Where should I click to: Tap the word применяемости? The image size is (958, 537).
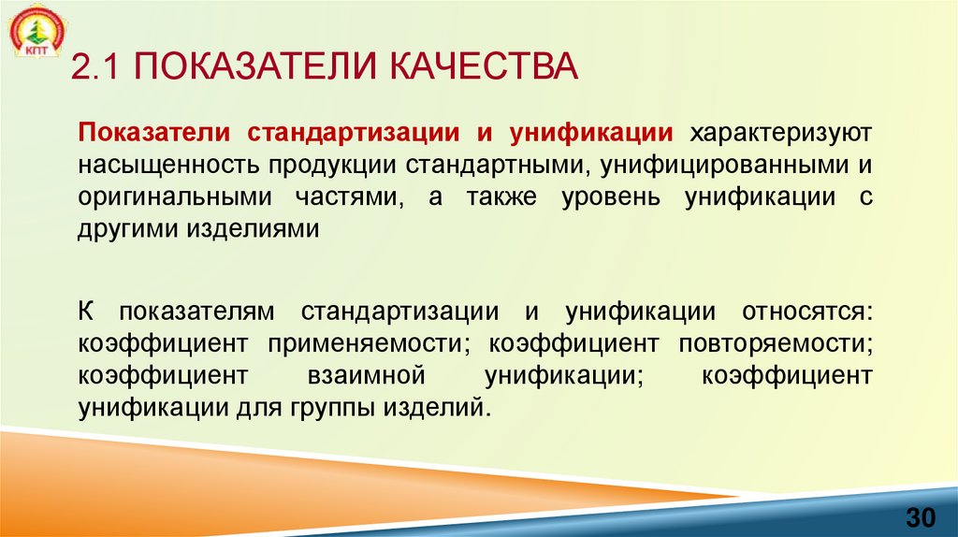click(368, 343)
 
